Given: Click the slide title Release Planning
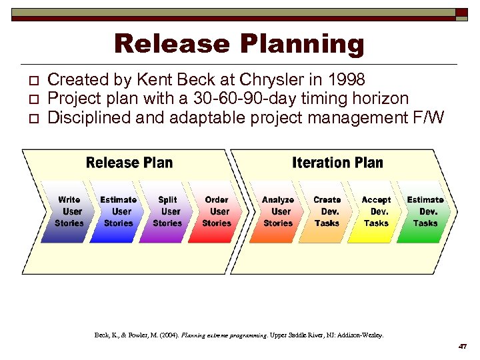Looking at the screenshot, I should pos(239,44).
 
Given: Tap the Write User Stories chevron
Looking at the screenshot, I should pos(69,211).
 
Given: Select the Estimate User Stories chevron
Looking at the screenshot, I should pos(118,211).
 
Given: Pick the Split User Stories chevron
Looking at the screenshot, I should pos(167,211).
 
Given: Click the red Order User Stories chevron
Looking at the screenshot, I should pos(217,211).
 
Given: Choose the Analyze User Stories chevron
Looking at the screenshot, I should pos(278,211).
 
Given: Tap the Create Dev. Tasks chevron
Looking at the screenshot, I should pos(327,211).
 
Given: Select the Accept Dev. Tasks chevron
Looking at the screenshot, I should pos(376,211).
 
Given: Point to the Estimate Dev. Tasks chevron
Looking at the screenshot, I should pos(425,211).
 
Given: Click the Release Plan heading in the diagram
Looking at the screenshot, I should pos(129,163).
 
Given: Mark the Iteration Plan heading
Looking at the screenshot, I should pos(337,163).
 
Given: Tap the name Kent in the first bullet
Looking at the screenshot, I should pos(155,80).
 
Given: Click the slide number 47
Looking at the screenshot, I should pos(462,347).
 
